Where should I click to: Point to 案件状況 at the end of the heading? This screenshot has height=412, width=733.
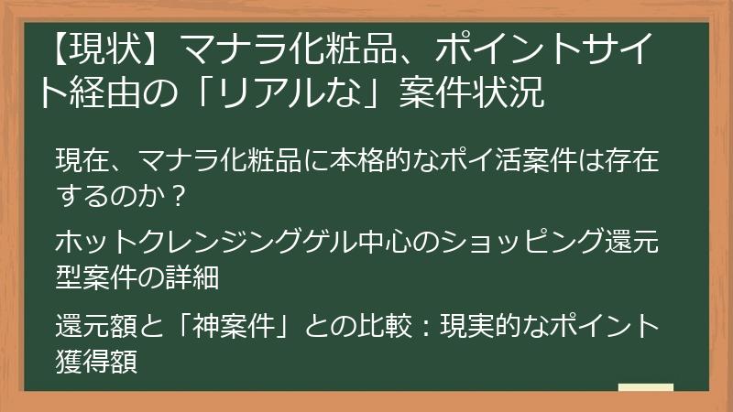coord(473,91)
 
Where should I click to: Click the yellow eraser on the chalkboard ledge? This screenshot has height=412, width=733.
coord(646,388)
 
